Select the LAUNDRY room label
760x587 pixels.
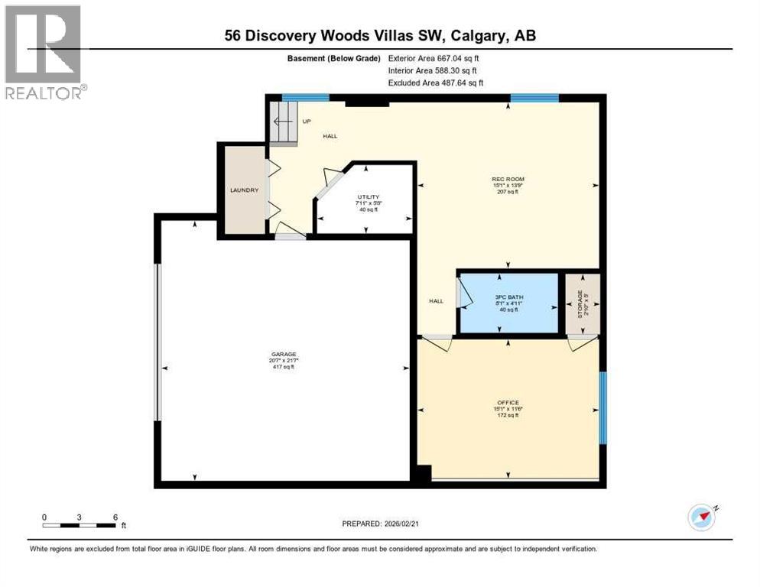coord(245,190)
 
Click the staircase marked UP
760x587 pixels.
coord(282,122)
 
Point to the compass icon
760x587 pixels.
coord(701,517)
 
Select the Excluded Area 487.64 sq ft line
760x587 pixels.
coord(435,83)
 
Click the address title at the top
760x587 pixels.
coord(380,35)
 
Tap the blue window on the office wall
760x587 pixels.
coord(602,407)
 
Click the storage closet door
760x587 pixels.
coord(583,344)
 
